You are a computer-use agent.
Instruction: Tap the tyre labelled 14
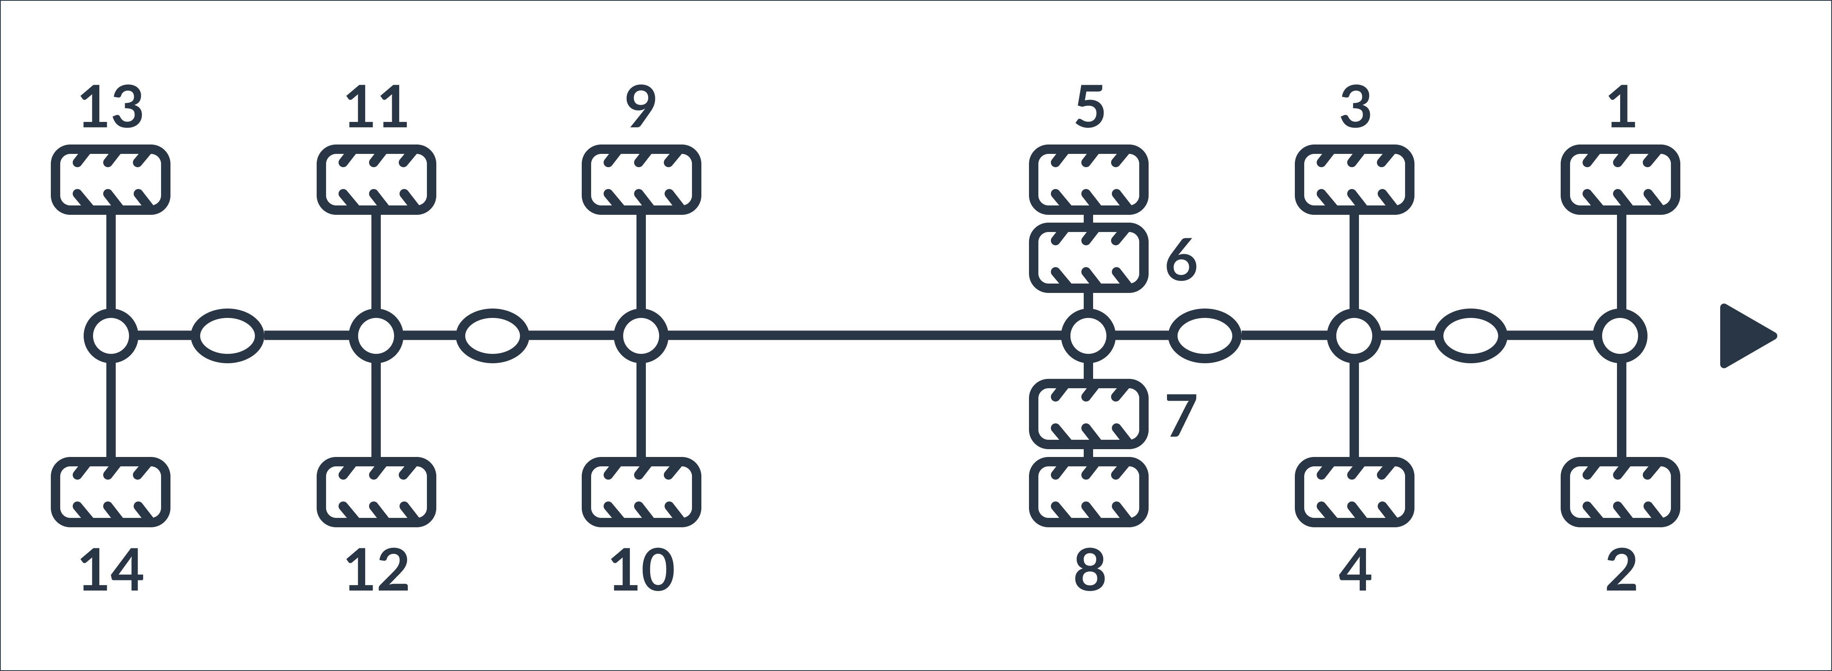pyautogui.click(x=111, y=492)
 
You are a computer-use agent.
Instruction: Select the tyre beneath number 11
pyautogui.click(x=376, y=179)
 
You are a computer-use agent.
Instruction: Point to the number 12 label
pyautogui.click(x=378, y=570)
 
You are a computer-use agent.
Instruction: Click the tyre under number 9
pyautogui.click(x=642, y=179)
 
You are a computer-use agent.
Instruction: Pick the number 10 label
pyautogui.click(x=643, y=570)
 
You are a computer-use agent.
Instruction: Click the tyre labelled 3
pyautogui.click(x=1355, y=179)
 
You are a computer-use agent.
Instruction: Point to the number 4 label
pyautogui.click(x=1355, y=570)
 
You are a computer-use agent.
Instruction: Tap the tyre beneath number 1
pyautogui.click(x=1621, y=179)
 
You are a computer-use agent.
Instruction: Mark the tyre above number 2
pyautogui.click(x=1621, y=492)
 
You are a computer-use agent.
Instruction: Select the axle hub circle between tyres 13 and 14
pyautogui.click(x=111, y=335)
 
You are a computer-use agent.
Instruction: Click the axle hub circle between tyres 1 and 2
pyautogui.click(x=1621, y=335)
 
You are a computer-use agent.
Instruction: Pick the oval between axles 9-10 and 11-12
pyautogui.click(x=492, y=335)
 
